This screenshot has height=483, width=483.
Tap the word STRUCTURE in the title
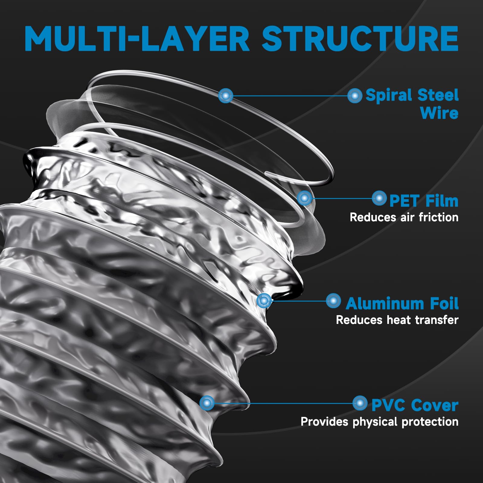point(360,38)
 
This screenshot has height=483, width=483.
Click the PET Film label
point(424,201)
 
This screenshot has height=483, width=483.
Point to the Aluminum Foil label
point(402,303)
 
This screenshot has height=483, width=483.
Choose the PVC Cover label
point(415,405)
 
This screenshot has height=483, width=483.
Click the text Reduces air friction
point(404,217)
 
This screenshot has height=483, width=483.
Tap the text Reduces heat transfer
point(397,320)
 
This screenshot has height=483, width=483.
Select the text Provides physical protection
point(379,421)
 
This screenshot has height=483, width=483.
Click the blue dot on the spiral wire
point(226,96)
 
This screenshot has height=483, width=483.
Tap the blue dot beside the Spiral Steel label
point(355,96)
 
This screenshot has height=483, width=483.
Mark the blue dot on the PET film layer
point(304,198)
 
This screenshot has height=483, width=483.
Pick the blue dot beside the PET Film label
point(379,198)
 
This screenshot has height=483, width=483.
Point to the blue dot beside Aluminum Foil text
point(334,301)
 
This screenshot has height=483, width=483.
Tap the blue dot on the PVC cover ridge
point(207,403)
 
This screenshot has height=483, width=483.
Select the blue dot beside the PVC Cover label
point(360,403)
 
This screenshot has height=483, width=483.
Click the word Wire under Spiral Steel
point(439,113)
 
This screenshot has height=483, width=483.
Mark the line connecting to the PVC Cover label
point(284,403)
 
